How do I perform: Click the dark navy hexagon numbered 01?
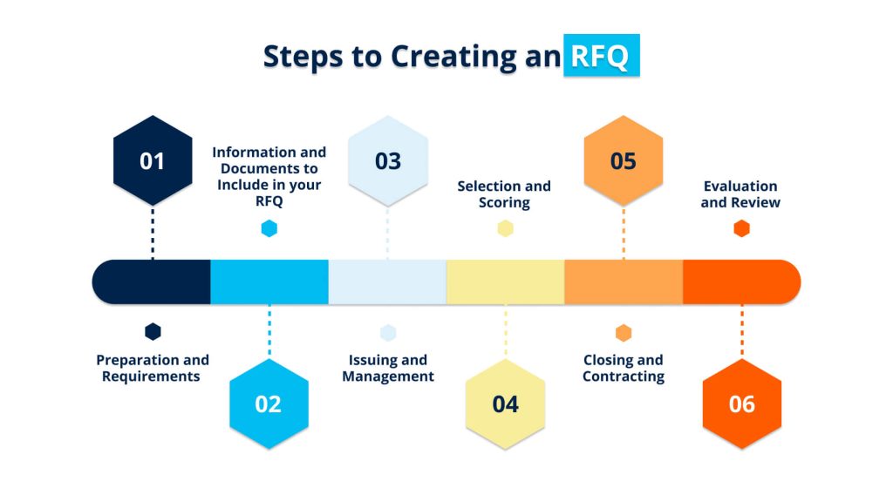[153, 161]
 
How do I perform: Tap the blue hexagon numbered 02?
[269, 404]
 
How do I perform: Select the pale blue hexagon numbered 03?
[388, 161]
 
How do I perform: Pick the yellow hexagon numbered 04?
[505, 404]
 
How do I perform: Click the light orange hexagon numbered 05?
[623, 161]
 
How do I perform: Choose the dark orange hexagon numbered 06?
[741, 404]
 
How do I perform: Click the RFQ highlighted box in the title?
[601, 56]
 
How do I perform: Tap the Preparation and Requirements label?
[153, 368]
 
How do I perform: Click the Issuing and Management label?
[388, 368]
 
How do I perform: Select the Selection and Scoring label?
[504, 194]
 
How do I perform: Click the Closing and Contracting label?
[623, 368]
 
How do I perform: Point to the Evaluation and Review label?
[740, 194]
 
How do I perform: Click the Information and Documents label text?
[269, 177]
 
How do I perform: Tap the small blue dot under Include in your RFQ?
[269, 228]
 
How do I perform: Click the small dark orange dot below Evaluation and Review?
[741, 228]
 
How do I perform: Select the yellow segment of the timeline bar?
[505, 282]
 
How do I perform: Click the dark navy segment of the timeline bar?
[153, 282]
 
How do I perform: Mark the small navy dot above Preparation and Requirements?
[153, 331]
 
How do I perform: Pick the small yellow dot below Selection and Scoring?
[505, 228]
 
